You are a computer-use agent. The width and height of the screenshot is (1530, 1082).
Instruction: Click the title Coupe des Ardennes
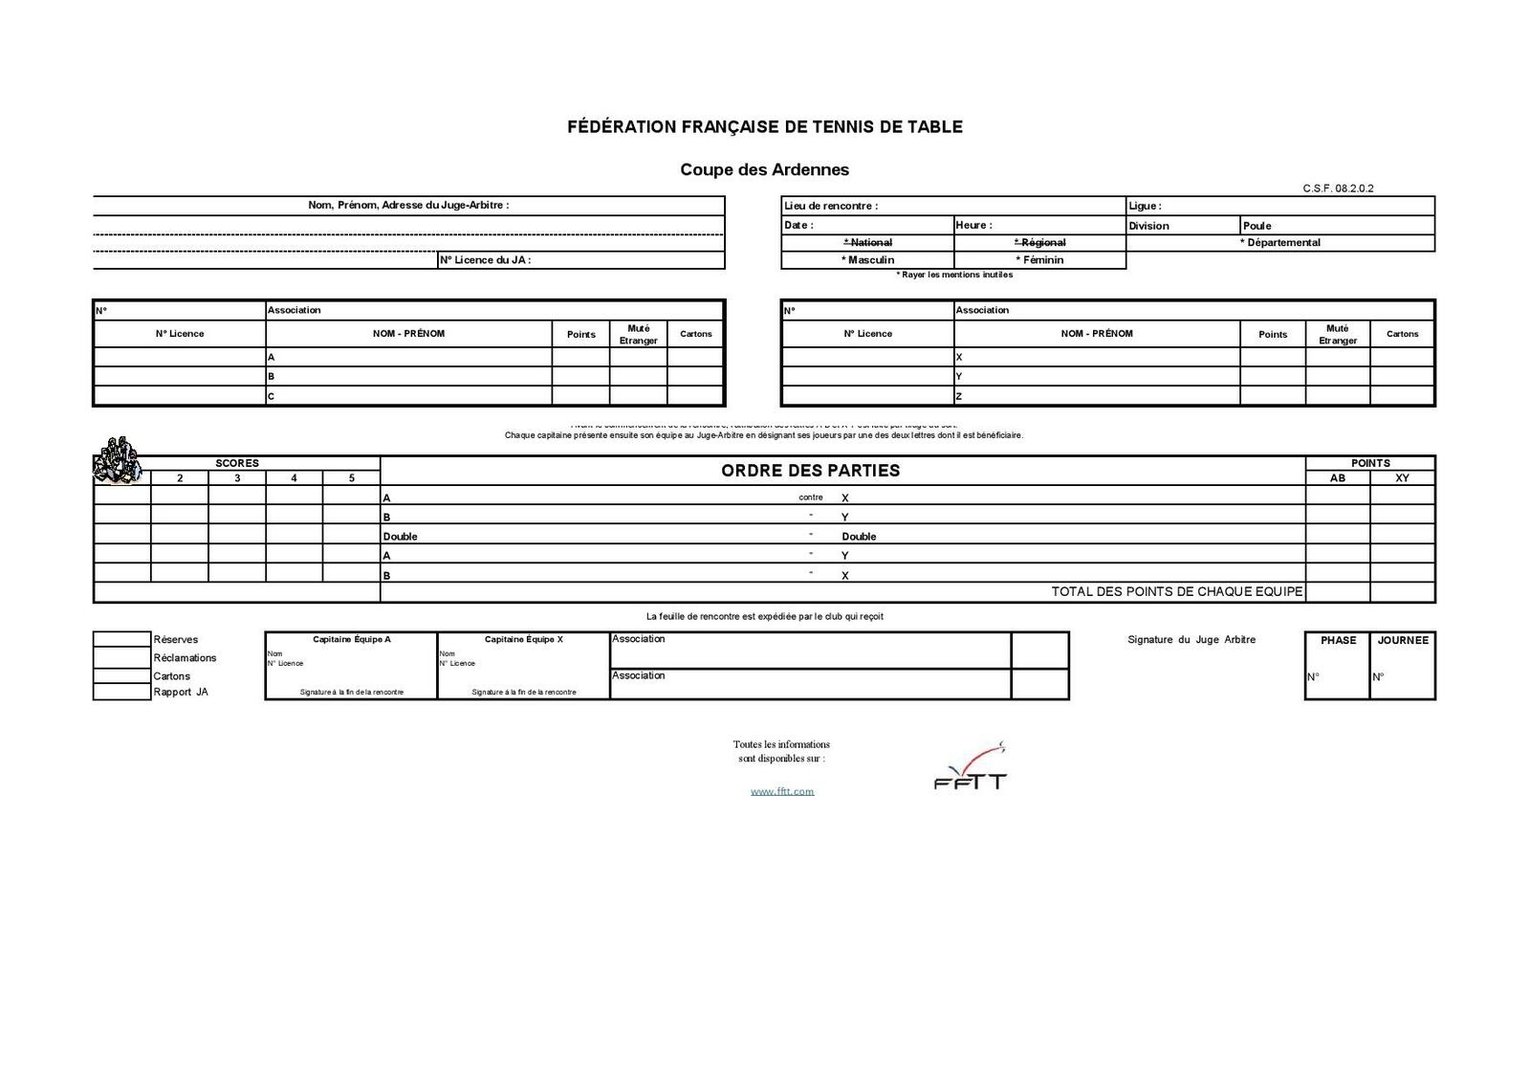point(764,170)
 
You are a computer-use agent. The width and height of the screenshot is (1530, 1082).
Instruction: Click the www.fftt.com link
point(781,791)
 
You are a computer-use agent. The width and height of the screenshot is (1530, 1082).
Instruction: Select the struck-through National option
point(868,243)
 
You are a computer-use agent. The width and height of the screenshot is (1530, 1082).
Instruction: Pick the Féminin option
point(1039,260)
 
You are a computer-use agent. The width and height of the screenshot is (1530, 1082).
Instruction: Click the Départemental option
point(1280,243)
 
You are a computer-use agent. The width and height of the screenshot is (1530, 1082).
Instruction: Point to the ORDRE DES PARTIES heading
point(810,471)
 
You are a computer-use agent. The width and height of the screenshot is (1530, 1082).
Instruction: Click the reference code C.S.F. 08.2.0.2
point(1338,188)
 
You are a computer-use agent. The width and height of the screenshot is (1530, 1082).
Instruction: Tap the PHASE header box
point(1338,641)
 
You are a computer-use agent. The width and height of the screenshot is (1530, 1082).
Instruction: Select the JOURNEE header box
point(1403,641)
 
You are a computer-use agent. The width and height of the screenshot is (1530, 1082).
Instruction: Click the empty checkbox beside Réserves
point(121,639)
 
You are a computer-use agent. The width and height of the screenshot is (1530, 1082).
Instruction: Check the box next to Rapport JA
point(121,692)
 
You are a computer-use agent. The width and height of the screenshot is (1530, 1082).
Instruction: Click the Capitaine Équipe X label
point(523,639)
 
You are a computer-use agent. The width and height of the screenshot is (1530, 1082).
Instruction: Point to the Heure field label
point(973,226)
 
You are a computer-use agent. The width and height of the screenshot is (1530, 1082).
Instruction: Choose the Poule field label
point(1257,226)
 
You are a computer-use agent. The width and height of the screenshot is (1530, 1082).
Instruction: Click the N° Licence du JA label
point(485,260)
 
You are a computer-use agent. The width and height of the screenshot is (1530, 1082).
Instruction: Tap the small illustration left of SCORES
point(116,460)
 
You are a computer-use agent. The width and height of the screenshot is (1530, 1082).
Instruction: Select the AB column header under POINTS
point(1337,478)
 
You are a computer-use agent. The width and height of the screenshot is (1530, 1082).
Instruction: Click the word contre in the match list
point(810,497)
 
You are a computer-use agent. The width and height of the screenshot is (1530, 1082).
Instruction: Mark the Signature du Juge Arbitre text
point(1191,640)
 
